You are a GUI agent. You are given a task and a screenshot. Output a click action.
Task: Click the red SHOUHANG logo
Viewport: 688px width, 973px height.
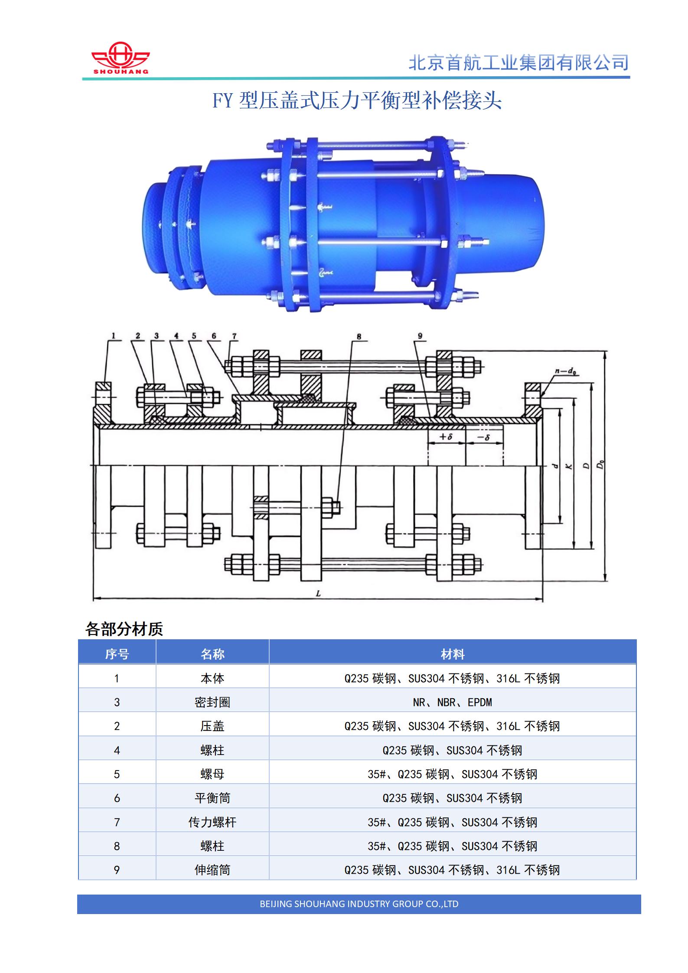[x=121, y=58]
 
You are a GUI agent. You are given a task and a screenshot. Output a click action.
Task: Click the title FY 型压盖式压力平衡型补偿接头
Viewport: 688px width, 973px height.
[x=357, y=101]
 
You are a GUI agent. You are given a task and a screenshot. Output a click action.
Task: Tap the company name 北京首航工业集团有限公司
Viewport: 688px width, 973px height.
[x=518, y=63]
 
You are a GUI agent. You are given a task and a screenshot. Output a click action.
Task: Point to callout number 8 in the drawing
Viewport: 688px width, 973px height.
[x=359, y=336]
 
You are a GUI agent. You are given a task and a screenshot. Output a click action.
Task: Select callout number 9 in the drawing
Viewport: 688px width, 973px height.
[x=420, y=336]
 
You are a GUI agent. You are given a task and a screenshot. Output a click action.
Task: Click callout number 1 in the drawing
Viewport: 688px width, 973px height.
[x=113, y=335]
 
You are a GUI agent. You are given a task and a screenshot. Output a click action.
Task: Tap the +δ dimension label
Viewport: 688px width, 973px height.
[x=446, y=436]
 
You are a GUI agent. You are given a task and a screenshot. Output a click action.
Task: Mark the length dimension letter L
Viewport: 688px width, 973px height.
[x=318, y=593]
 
